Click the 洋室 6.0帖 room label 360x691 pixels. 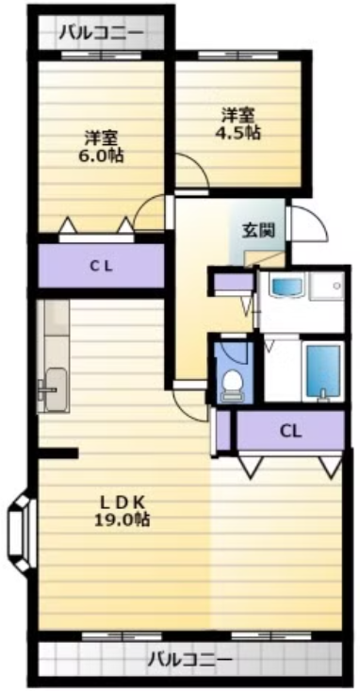[101, 147]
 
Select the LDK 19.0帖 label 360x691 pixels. [122, 511]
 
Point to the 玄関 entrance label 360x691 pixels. [258, 230]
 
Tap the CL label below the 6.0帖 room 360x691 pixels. [102, 266]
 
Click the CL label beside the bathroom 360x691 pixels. [291, 431]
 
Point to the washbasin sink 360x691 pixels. [287, 286]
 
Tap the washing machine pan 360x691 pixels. [326, 286]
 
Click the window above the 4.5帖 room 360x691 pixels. [237, 56]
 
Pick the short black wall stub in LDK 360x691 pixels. [58, 452]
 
